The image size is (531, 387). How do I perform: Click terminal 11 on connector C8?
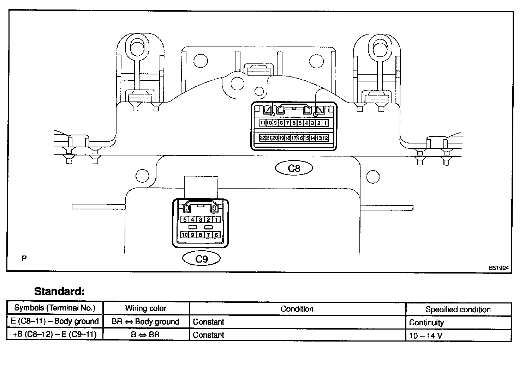click(x=262, y=123)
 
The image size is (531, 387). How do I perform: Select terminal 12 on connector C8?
click(x=325, y=138)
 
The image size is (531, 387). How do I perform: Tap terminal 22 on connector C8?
click(x=262, y=138)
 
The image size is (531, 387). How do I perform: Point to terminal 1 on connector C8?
click(x=325, y=123)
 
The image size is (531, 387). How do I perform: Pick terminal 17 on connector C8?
click(x=294, y=138)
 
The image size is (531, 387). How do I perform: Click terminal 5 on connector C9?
click(x=185, y=220)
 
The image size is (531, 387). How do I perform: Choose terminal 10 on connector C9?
click(x=185, y=235)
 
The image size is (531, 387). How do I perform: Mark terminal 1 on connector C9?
click(x=216, y=220)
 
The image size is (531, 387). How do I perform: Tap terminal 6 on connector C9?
click(x=216, y=235)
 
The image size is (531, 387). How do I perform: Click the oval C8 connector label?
click(x=294, y=168)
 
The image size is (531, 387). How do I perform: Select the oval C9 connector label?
click(x=201, y=259)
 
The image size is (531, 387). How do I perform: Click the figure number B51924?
click(x=499, y=268)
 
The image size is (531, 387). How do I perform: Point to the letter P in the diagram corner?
click(x=24, y=258)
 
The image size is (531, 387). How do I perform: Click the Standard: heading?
click(x=59, y=291)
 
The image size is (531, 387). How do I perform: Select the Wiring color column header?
click(x=146, y=308)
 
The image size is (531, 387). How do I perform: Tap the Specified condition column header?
click(x=458, y=309)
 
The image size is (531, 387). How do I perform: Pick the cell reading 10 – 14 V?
click(x=425, y=335)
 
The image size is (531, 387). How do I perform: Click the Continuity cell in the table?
click(x=426, y=322)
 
